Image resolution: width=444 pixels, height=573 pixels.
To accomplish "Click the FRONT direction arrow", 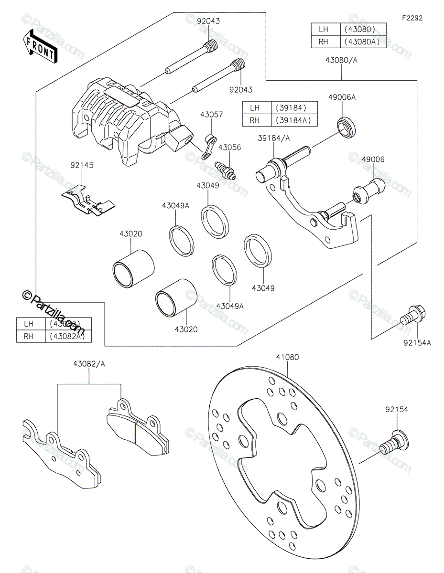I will click(x=40, y=47).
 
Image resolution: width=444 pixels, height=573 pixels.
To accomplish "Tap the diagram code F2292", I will click(x=412, y=18).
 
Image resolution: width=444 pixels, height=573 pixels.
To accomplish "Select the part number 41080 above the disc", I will click(x=287, y=357).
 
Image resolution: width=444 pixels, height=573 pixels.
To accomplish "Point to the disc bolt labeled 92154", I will click(x=390, y=442).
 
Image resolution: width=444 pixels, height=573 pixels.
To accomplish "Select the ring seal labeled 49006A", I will click(x=347, y=126).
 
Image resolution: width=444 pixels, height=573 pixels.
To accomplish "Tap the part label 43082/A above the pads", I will click(x=89, y=363).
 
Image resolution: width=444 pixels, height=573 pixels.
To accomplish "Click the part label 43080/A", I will click(x=341, y=61).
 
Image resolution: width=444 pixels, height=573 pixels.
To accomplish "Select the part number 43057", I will click(x=212, y=115).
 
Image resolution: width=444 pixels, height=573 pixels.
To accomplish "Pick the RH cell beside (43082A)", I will click(x=29, y=336).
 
